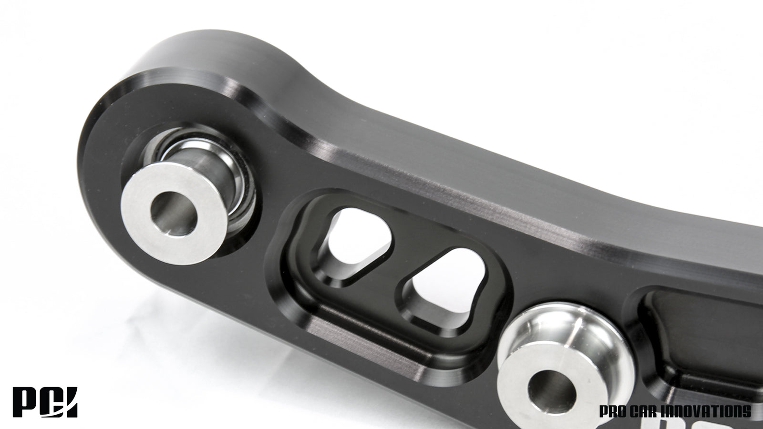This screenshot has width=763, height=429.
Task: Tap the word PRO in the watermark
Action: pos(611,411)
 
